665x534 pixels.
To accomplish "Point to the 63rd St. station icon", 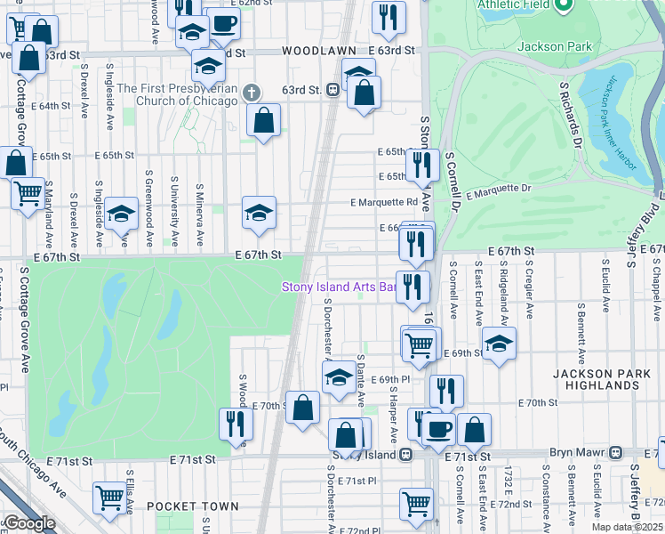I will tap(331, 90).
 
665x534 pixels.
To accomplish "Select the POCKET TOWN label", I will tap(193, 506).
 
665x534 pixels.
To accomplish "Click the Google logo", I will tap(28, 523).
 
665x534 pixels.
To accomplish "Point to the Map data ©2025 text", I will tap(628, 527).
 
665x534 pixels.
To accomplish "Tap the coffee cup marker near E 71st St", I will tap(438, 430).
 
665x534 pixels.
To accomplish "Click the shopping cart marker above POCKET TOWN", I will tap(110, 498).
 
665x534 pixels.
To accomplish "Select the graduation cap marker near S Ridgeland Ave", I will tap(500, 344).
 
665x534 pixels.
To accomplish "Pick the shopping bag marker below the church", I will tap(264, 120).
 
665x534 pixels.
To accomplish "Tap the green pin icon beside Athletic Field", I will tap(562, 6).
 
